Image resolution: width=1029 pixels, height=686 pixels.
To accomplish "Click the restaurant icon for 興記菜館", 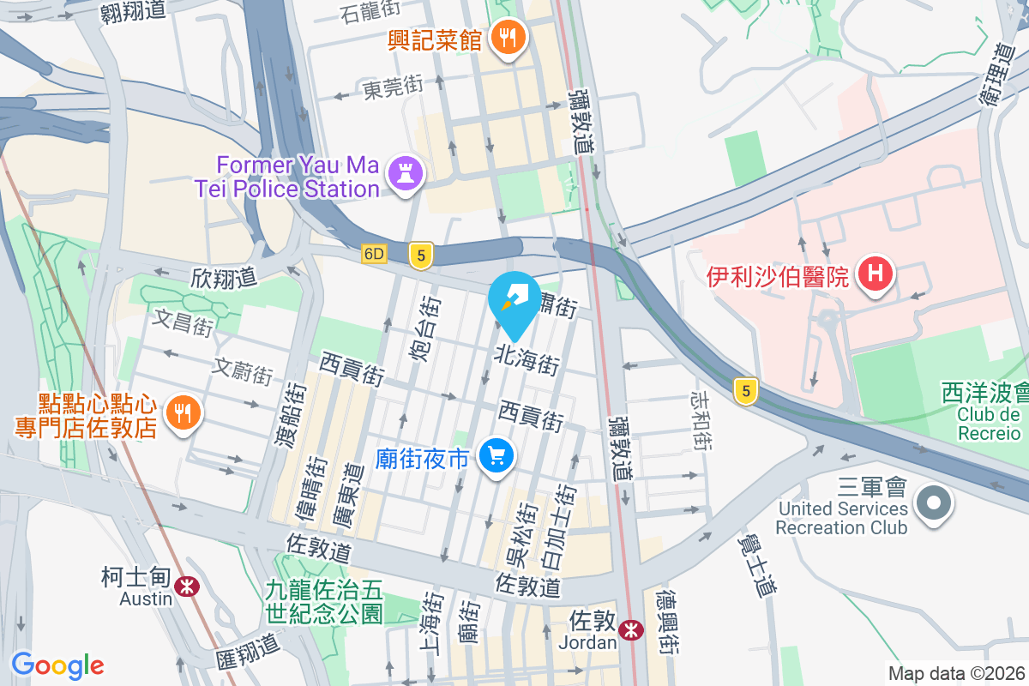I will click(509, 38).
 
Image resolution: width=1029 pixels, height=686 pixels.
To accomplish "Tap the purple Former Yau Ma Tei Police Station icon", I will click(406, 173).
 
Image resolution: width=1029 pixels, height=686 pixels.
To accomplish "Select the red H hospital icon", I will click(876, 274).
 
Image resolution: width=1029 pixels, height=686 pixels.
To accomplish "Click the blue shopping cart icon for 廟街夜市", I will click(496, 455).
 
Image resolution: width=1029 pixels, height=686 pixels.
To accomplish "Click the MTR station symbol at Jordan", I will click(631, 630).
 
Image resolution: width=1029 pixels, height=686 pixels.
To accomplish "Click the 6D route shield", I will click(375, 254).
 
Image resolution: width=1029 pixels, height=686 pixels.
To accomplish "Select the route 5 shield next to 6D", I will click(419, 255).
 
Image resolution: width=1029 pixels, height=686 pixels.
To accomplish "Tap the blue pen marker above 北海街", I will click(514, 297).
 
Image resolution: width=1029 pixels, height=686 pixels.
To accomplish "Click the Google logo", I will click(57, 665).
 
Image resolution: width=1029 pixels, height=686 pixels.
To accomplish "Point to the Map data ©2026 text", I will click(955, 673).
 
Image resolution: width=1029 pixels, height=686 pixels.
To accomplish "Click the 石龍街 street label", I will click(370, 13).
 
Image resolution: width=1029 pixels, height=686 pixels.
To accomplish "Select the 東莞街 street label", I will click(393, 87).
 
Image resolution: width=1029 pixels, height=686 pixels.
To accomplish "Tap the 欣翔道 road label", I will click(224, 277).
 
